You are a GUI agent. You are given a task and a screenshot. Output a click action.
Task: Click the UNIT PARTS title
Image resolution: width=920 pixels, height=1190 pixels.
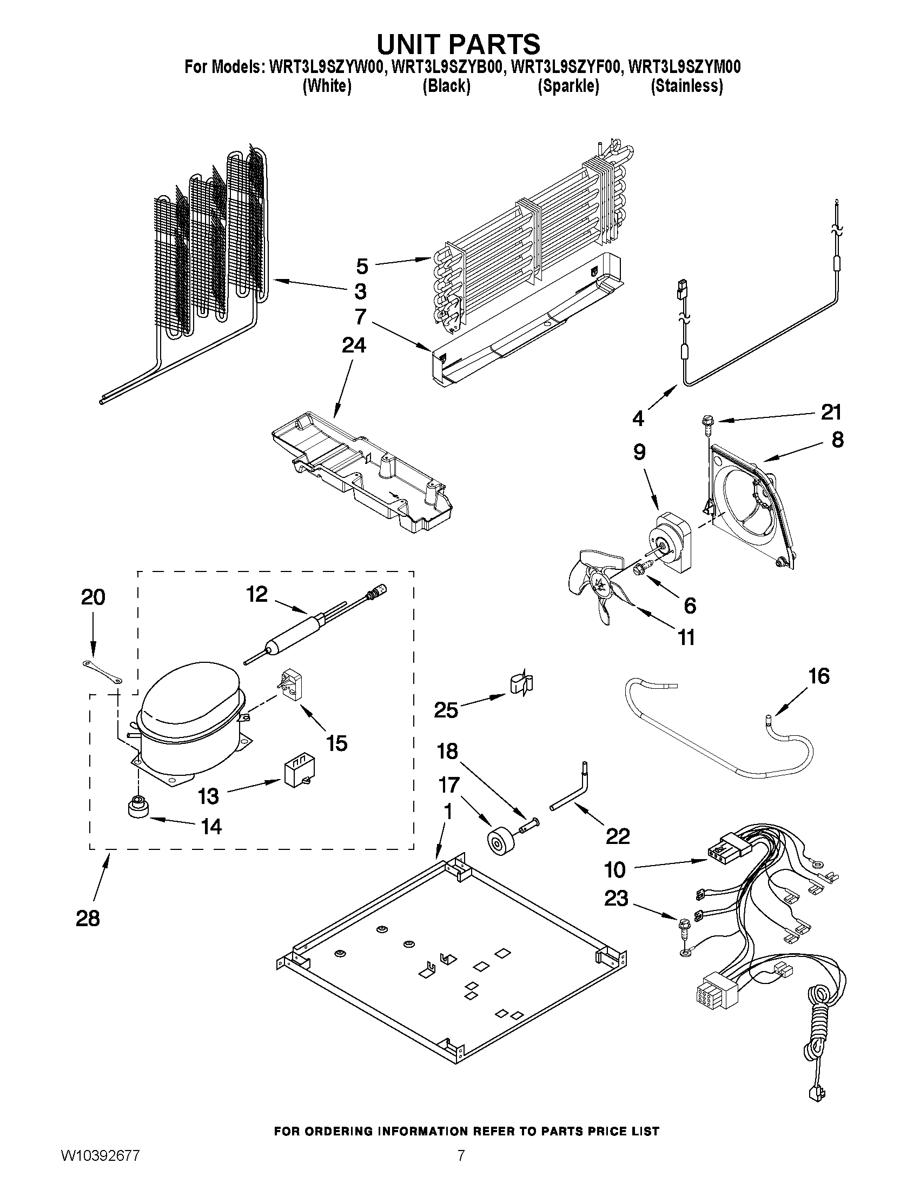(459, 44)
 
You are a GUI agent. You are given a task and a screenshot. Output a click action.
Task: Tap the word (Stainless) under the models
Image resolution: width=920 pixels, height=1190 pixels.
(687, 86)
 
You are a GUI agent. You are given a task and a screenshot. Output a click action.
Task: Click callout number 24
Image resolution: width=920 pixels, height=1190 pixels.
(354, 345)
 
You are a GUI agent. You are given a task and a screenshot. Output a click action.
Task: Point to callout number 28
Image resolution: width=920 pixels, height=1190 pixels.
(88, 918)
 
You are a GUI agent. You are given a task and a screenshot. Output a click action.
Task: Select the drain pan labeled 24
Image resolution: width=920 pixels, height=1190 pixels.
(362, 471)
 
